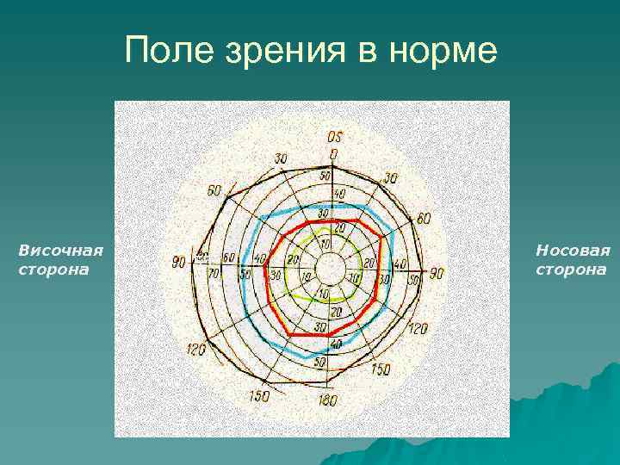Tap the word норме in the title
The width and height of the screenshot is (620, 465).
tap(448, 52)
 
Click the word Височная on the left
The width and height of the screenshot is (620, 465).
tap(60, 251)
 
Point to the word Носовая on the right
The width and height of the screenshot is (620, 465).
tap(573, 251)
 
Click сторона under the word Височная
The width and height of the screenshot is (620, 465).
tap(53, 270)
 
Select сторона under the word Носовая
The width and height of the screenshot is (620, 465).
tap(571, 270)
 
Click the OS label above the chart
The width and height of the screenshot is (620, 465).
tap(334, 137)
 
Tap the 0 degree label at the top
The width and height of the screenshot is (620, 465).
tap(333, 154)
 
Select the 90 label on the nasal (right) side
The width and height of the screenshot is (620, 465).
tap(437, 273)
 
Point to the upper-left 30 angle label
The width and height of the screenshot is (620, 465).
tap(281, 158)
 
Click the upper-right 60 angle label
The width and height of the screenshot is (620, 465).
tap(423, 219)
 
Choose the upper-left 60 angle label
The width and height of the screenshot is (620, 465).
tap(214, 190)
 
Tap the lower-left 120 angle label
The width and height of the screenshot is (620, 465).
tap(195, 350)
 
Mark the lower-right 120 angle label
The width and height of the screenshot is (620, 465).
tap(418, 329)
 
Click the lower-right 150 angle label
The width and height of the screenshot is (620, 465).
tap(380, 370)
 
